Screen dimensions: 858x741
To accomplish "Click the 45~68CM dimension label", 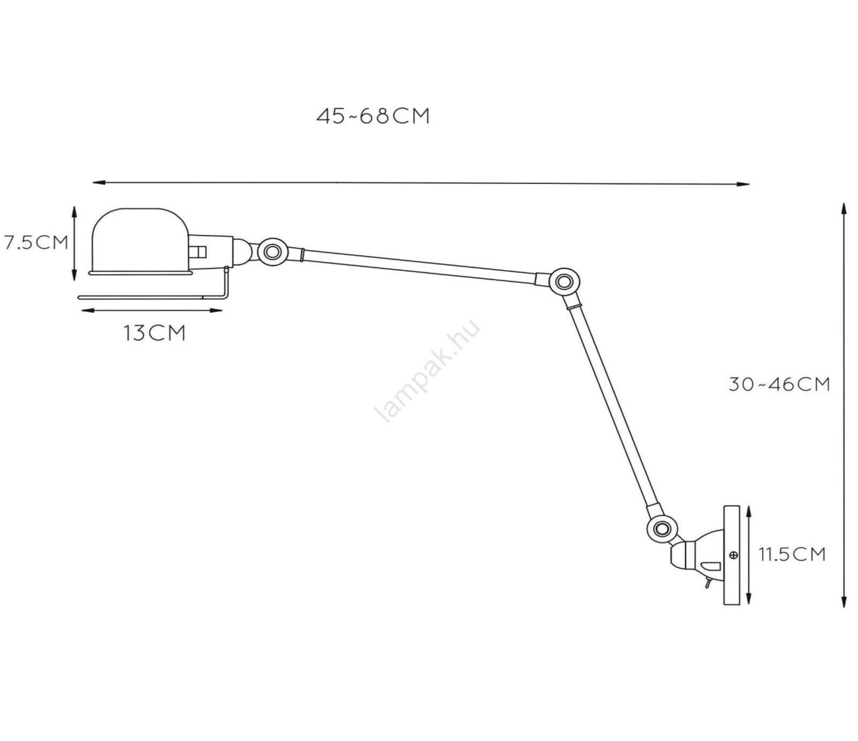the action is click(373, 116).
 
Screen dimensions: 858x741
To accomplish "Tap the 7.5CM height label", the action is click(36, 242).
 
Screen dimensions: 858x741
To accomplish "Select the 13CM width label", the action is click(154, 333).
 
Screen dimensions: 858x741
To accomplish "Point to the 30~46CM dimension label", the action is click(779, 384).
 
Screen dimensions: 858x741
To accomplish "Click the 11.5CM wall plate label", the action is click(792, 554).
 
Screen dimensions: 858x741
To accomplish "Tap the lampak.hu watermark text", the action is click(427, 371).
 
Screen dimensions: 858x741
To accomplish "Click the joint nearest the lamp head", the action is click(272, 251).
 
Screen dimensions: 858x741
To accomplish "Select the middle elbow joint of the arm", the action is click(563, 281).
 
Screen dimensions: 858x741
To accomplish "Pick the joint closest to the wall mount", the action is click(662, 529).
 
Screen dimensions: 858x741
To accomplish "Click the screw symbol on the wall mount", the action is click(733, 555).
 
